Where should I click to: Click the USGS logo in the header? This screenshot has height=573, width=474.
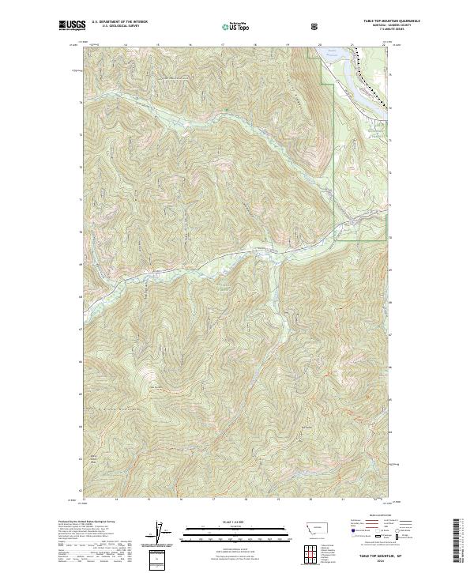(72, 26)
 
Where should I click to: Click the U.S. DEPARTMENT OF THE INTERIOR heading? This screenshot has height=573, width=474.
(120, 21)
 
